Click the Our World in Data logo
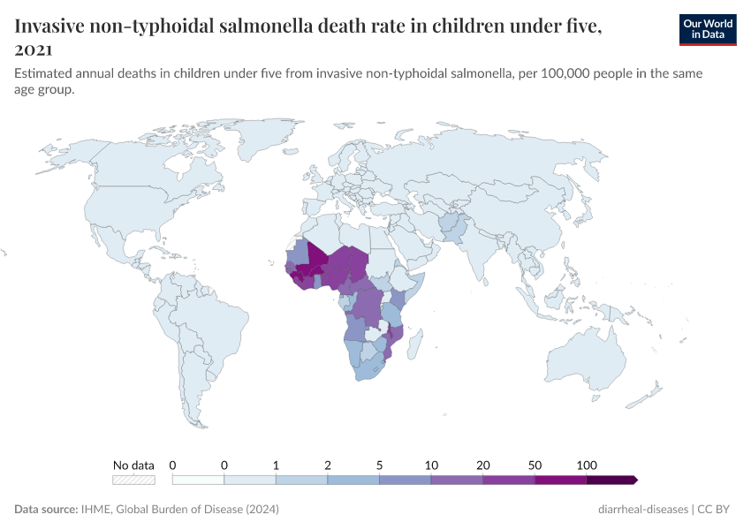pos(707,28)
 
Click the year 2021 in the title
pos(34,49)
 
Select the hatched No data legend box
pos(133,480)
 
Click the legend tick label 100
pos(587,465)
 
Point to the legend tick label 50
pos(535,465)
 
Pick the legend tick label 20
pos(483,465)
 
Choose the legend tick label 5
pos(380,465)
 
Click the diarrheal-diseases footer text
pos(642,510)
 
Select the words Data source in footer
pos(44,510)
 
